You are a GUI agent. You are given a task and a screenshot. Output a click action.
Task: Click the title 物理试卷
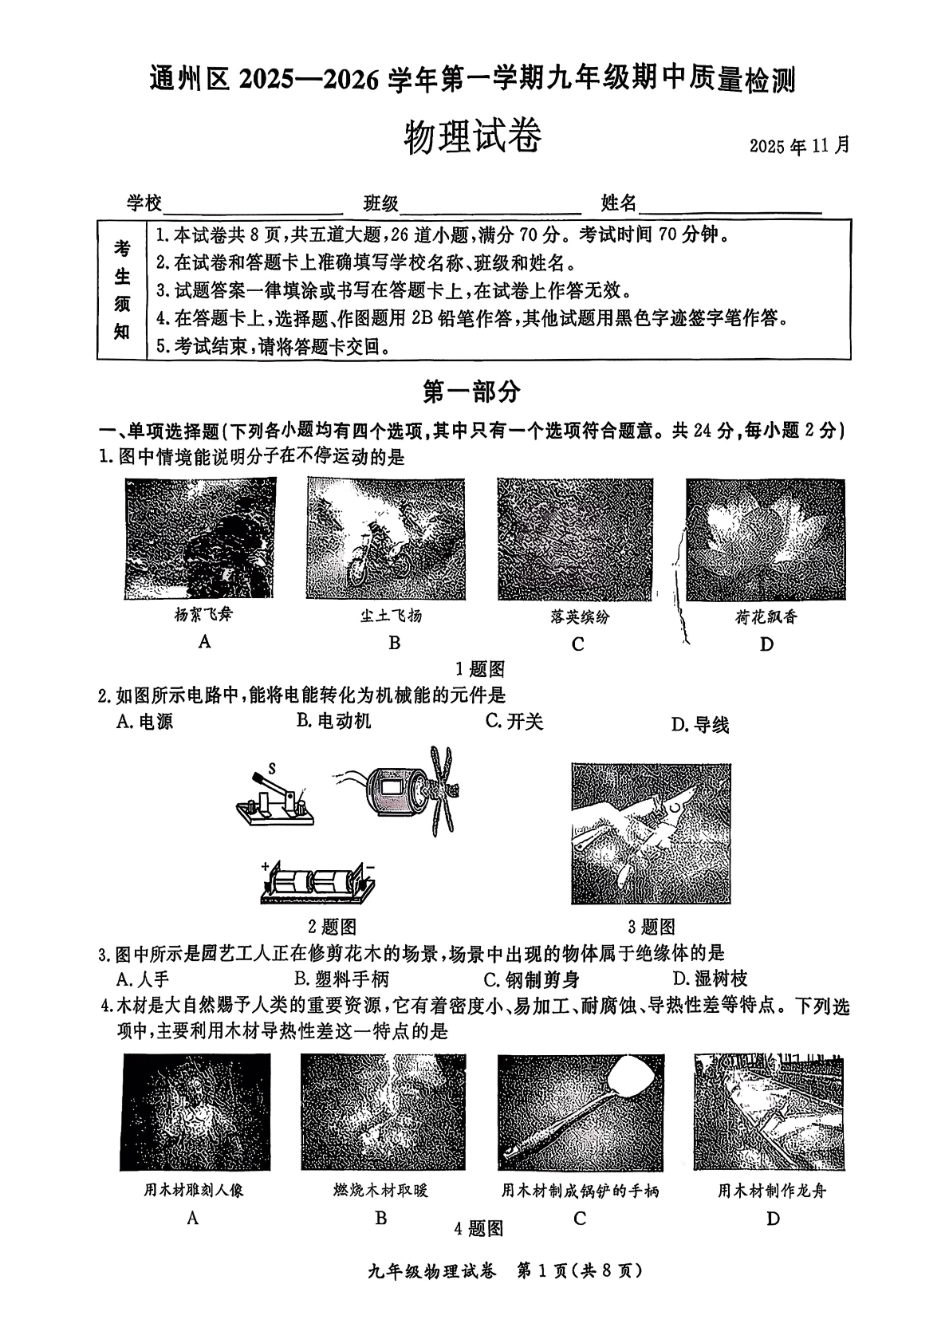[473, 136]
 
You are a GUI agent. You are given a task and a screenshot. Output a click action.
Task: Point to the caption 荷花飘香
[766, 616]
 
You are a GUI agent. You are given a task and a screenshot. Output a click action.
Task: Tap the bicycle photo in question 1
[386, 539]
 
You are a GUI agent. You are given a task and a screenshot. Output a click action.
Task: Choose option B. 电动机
[334, 721]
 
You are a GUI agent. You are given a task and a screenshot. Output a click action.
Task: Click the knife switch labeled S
[275, 800]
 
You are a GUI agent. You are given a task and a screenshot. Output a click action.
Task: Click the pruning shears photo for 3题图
[651, 833]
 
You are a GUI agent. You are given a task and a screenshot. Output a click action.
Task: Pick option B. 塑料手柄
[341, 979]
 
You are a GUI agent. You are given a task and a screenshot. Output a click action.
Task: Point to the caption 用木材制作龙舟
[772, 1191]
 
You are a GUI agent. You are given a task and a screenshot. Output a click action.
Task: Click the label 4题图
[478, 1228]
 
